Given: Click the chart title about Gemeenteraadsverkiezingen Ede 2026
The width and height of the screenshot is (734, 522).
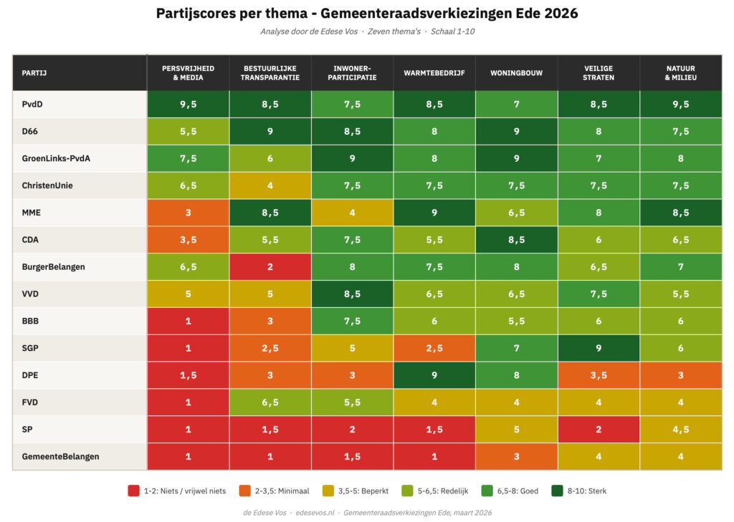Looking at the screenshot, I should click(367, 14).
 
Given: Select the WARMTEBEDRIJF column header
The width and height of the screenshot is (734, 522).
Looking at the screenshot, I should click(434, 73).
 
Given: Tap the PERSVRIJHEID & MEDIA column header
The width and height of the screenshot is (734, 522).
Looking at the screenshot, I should click(188, 73).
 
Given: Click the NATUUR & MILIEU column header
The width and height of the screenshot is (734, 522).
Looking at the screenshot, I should click(680, 73).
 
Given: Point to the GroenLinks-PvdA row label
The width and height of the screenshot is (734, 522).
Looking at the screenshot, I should click(57, 158).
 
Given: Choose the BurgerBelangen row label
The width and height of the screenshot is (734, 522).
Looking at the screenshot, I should click(54, 267).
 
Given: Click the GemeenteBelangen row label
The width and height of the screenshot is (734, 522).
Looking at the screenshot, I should click(60, 456).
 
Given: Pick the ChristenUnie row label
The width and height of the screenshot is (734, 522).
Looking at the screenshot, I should click(47, 185).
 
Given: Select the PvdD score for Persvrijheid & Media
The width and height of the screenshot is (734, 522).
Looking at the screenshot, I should click(188, 105).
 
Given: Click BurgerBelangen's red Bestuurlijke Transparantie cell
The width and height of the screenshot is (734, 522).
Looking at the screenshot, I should click(270, 267).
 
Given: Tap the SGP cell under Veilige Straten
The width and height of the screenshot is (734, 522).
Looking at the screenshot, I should click(599, 348).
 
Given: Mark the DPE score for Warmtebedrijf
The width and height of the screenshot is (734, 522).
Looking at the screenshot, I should click(434, 375).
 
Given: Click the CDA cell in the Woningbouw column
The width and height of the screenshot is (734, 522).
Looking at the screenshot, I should click(516, 240).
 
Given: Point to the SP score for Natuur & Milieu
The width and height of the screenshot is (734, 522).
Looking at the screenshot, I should click(680, 430).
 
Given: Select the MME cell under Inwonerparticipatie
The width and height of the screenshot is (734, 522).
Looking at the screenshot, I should click(352, 213).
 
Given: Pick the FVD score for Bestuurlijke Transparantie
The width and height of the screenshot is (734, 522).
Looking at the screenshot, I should click(270, 402).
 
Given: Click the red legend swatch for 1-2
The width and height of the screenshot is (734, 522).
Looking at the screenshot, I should click(133, 490).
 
